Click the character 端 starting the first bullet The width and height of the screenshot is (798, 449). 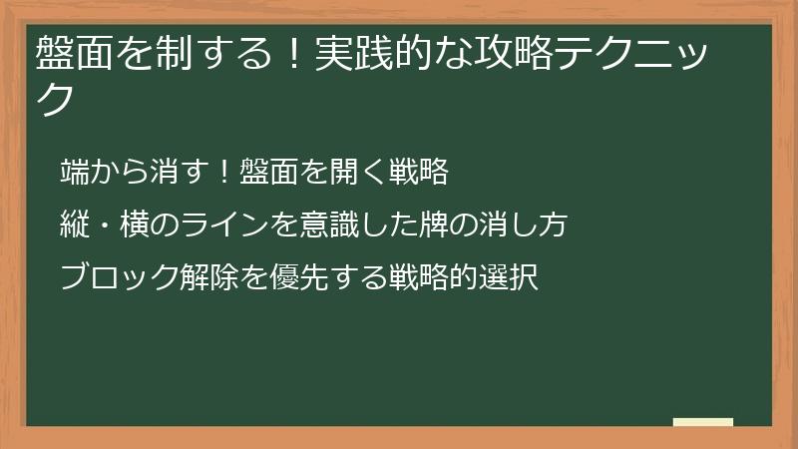pyautogui.click(x=73, y=172)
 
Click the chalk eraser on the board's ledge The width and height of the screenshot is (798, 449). pyautogui.click(x=703, y=422)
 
